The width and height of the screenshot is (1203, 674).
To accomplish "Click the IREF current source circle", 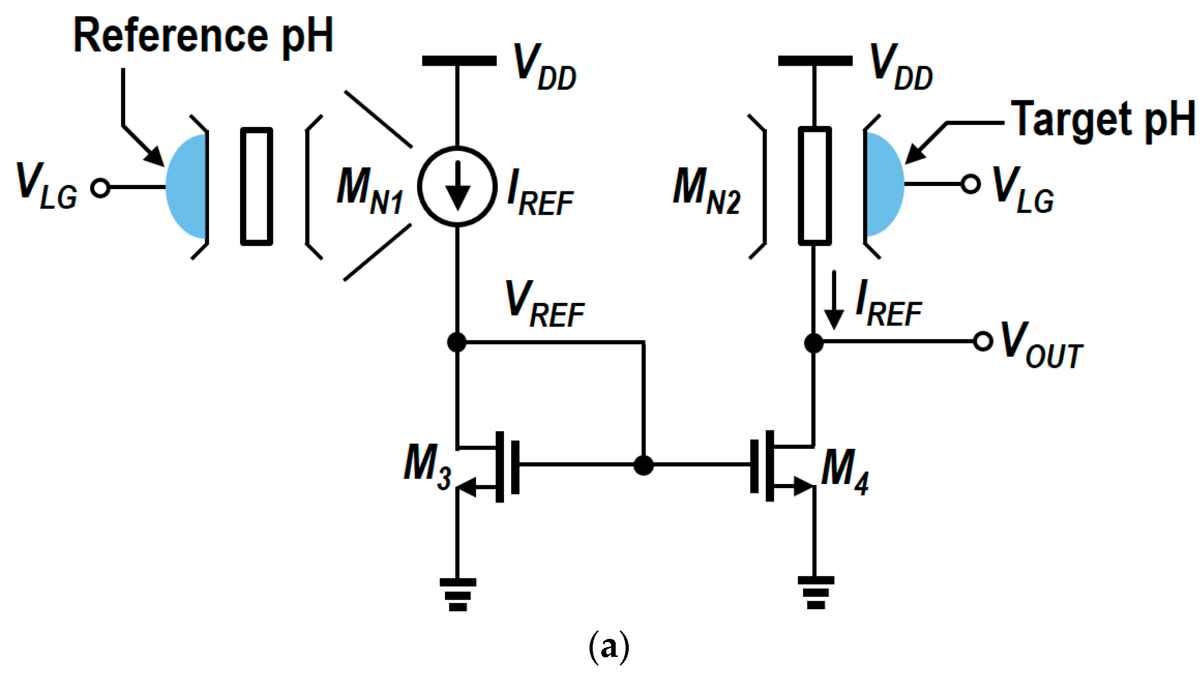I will pos(457,187).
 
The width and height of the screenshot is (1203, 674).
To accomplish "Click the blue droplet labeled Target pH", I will pos(884,184).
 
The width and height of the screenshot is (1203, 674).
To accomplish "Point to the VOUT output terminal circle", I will pos(983,341).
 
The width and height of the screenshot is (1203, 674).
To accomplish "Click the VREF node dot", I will pos(456,342).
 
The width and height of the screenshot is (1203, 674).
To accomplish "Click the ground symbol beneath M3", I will pos(458,594).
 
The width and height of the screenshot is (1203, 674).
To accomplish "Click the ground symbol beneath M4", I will pos(815,592).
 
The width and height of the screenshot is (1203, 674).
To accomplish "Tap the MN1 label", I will pos(369,190).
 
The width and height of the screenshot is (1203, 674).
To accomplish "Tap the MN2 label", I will pos(706,190).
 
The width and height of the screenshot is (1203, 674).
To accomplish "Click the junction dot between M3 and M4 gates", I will pos(643,465).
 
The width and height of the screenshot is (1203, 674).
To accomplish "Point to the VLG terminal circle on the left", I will pos(100,188).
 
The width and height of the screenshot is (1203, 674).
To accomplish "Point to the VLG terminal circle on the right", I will pos(970,184).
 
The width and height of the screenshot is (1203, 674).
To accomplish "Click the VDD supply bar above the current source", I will pos(459,61).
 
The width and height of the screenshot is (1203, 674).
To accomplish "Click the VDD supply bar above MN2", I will pos(815,61).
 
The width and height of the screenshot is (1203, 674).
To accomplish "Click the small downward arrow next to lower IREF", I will pos(833,301).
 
